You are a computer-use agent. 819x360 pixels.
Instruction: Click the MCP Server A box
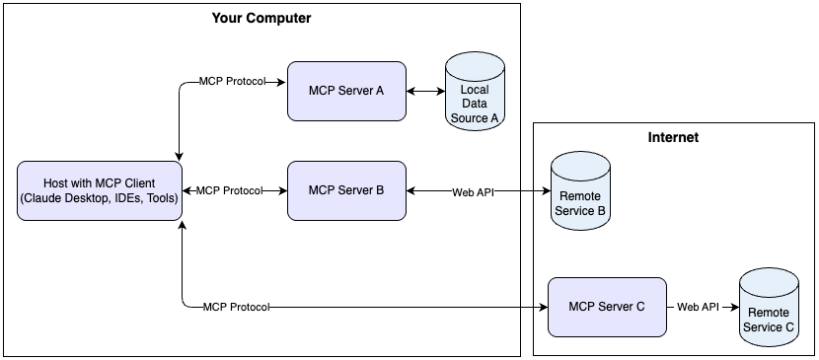(x=345, y=91)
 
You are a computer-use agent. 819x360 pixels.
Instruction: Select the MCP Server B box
(x=345, y=189)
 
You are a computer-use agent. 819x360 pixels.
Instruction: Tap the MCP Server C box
(x=607, y=307)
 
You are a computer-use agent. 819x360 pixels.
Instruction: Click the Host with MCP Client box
(x=99, y=190)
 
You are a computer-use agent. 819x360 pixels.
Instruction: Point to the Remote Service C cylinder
(x=769, y=308)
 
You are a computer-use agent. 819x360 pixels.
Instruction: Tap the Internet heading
(x=673, y=138)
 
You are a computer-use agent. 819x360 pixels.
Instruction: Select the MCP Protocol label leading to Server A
(x=232, y=81)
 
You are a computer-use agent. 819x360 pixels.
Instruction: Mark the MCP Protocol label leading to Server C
(x=236, y=307)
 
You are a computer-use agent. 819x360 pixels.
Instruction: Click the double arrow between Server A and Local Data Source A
(x=425, y=91)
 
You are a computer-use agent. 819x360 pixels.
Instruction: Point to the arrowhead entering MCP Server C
(x=542, y=307)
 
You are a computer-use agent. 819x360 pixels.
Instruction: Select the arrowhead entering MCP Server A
(x=281, y=81)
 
